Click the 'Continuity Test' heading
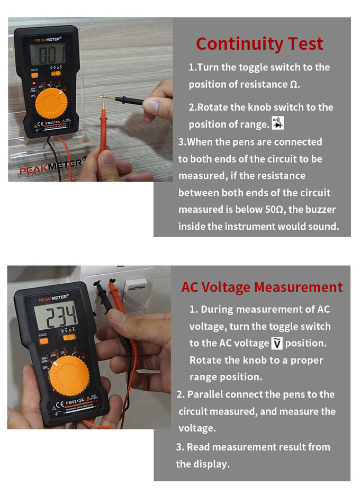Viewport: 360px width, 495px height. [259, 43]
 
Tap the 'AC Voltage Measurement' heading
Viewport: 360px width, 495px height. [262, 287]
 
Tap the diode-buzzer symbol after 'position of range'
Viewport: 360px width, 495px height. [277, 124]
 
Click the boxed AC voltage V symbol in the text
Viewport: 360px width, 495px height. [277, 343]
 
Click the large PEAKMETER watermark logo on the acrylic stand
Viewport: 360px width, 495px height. [53, 166]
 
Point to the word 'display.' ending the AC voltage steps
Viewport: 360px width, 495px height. [203, 464]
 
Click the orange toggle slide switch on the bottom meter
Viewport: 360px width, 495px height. [68, 337]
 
